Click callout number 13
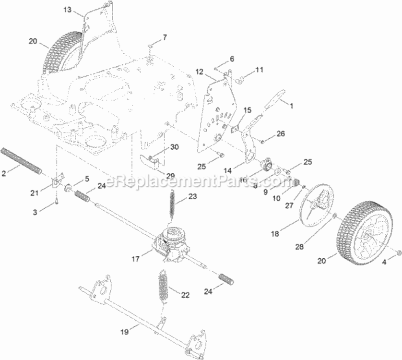pyautogui.click(x=67, y=10)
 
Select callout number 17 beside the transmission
pyautogui.click(x=135, y=259)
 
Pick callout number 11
pyautogui.click(x=259, y=70)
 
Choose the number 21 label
pyautogui.click(x=34, y=193)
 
